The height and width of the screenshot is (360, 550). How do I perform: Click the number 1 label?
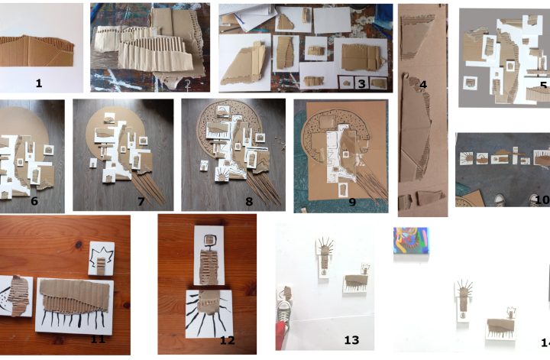coord(39,83)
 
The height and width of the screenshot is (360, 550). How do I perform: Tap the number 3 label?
coord(361,83)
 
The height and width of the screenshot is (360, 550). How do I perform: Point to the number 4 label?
coord(423,85)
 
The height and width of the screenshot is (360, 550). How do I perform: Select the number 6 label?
coord(34,201)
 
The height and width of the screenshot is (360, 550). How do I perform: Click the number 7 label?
coord(141,202)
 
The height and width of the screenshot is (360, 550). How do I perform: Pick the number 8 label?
coord(249,202)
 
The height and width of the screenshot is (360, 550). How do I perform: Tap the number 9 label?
coord(352,202)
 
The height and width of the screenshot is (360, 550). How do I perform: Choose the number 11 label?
coord(98,339)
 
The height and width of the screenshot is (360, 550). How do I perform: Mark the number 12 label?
coord(228,340)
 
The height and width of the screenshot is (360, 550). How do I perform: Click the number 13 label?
coord(351,339)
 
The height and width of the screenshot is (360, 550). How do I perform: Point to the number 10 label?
coord(542,199)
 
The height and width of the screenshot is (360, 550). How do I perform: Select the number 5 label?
coord(544,86)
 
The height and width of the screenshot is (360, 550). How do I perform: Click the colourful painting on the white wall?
coord(411,240)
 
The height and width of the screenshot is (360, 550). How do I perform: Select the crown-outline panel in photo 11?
coord(102,258)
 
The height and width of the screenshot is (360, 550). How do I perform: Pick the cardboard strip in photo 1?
coord(37,51)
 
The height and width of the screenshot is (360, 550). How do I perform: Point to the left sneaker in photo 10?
coord(500,200)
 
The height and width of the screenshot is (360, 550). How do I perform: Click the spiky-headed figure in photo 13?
coord(325,257)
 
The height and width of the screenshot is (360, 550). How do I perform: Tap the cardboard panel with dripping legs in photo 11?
coord(74,306)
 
